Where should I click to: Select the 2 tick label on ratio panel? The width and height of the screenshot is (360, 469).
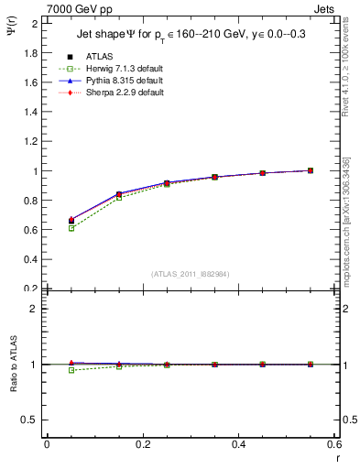pos(33,309)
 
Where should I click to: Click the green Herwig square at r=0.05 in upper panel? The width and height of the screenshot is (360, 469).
pos(71,228)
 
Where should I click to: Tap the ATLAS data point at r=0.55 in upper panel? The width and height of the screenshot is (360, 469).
pos(311,170)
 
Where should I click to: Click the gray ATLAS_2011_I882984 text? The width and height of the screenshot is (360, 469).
pos(190,273)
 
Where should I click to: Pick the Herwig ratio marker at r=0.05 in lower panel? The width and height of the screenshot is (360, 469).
pos(71,370)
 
